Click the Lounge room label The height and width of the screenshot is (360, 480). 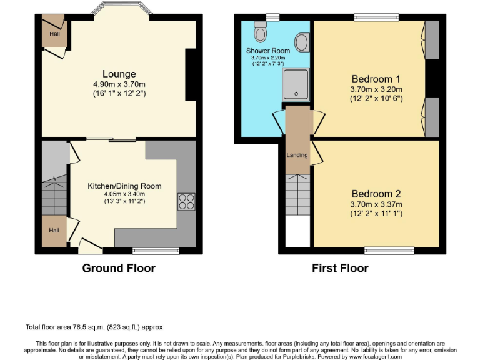119,74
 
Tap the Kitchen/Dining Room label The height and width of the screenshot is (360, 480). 124,186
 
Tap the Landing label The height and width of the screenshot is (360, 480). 297,154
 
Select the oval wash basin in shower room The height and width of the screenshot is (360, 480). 301,42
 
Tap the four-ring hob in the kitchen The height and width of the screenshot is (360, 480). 186,201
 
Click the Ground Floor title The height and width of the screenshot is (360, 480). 119,268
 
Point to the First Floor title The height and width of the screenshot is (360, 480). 340,268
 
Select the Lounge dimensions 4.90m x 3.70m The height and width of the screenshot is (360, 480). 119,84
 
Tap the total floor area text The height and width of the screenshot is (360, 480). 94,327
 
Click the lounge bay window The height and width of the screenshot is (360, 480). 119,9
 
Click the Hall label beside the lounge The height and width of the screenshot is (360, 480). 54,34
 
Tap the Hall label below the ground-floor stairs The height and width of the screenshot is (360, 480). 54,231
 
